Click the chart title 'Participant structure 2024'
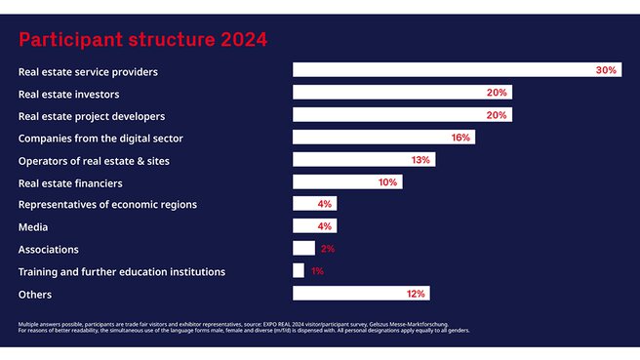coord(142,40)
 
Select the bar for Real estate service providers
coord(444,70)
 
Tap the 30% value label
coord(606,70)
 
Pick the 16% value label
coord(460,138)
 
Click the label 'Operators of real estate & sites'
coord(101,160)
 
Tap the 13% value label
coord(420,160)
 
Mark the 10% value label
coord(387,182)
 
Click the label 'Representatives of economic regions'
coord(107,204)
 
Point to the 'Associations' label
coord(49,249)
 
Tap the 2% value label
coord(327,249)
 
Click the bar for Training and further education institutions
coord(299,271)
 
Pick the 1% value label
coord(316,271)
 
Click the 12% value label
coord(415,294)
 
